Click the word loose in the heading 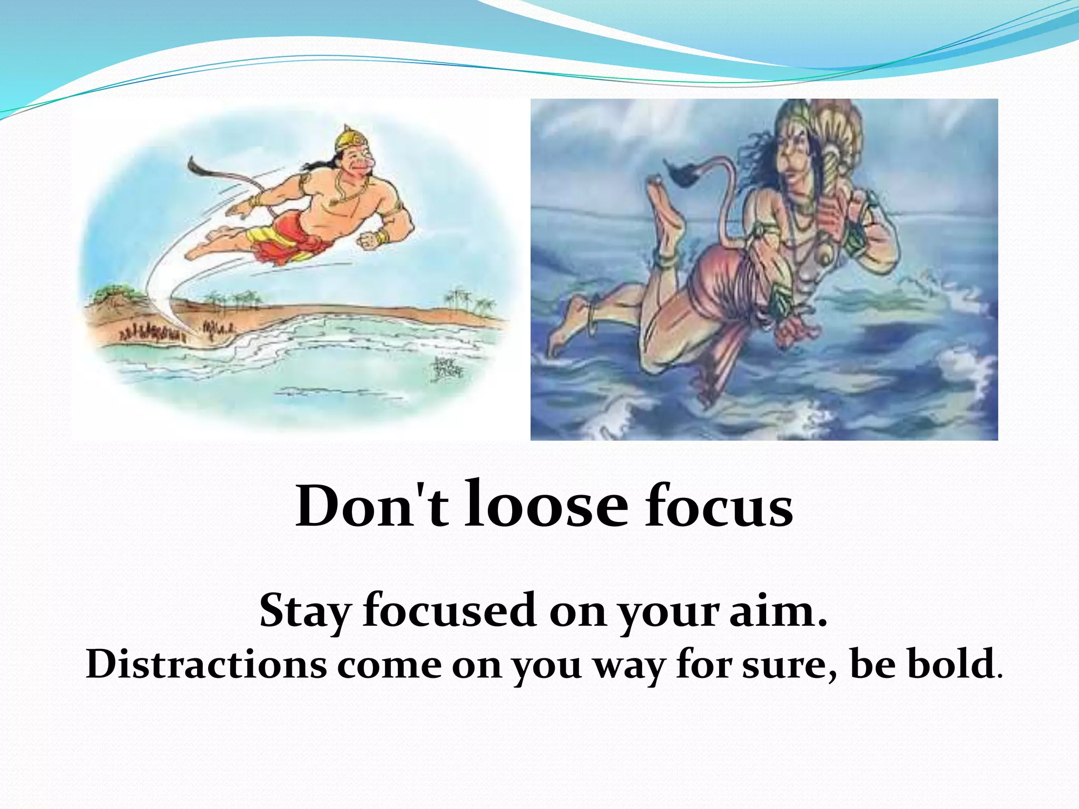(546, 506)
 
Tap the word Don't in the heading (371, 507)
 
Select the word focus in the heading (719, 507)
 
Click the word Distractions (206, 665)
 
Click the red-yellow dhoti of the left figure (287, 240)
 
